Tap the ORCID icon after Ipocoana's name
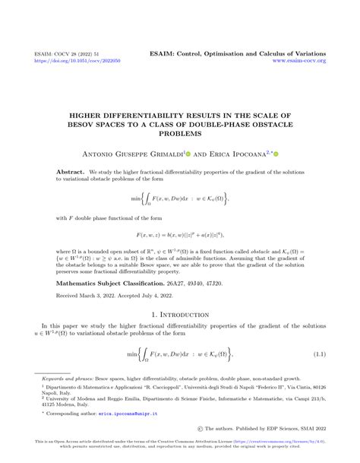tap(275, 153)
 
